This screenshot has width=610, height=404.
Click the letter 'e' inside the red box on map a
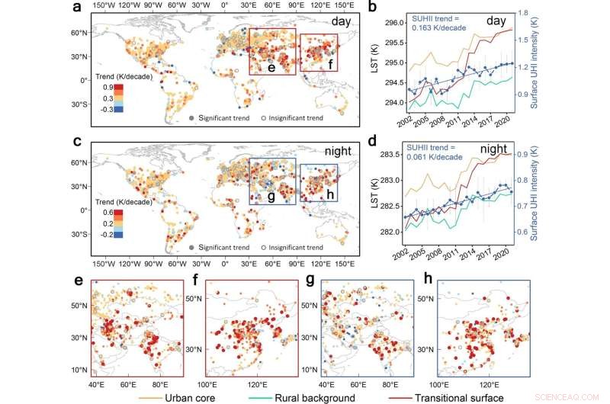(x=270, y=67)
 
